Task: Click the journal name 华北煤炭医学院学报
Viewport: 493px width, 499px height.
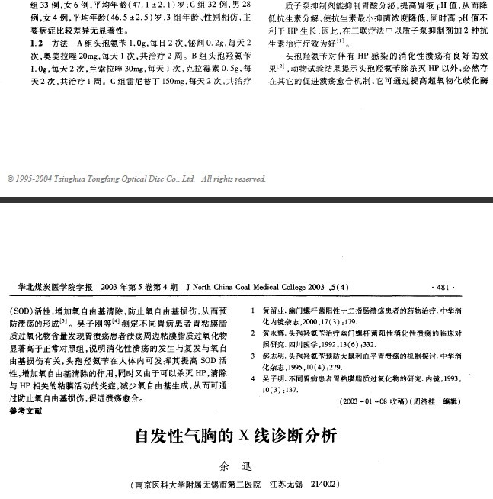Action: pyautogui.click(x=55, y=287)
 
